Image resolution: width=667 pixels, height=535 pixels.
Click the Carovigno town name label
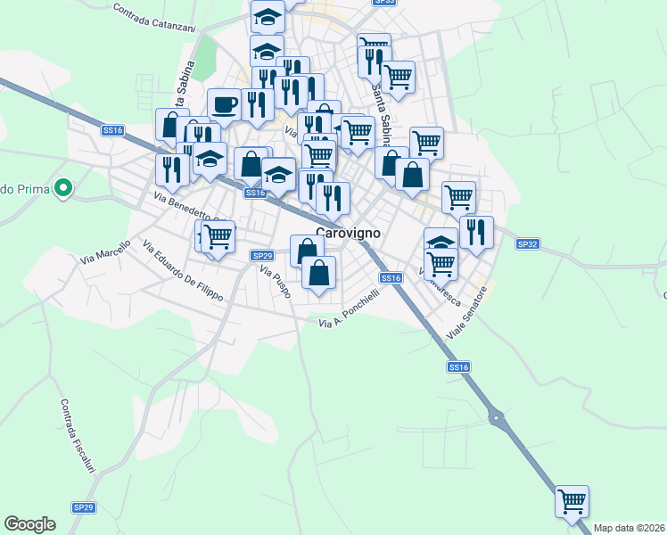click(349, 233)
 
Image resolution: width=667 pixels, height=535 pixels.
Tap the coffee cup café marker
click(224, 104)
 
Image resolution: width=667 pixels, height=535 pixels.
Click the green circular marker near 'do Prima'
click(62, 188)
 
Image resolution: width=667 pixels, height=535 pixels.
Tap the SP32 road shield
click(529, 243)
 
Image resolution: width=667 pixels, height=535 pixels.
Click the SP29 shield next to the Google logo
click(83, 507)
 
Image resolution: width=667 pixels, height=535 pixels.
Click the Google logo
click(29, 524)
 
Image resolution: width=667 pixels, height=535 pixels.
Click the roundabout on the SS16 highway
click(496, 416)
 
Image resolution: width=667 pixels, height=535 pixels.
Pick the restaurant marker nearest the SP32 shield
click(476, 232)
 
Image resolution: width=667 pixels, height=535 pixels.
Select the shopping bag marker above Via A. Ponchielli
click(318, 272)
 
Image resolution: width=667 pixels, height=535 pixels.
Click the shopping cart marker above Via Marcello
click(217, 236)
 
